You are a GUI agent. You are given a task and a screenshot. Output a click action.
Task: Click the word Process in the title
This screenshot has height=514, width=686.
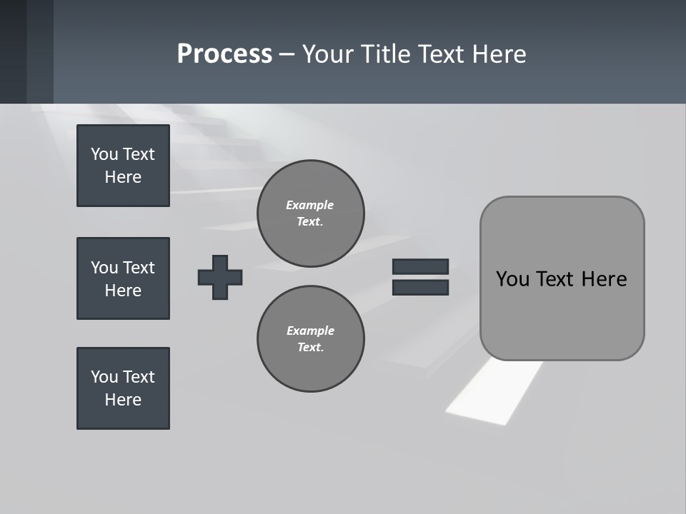coord(224,54)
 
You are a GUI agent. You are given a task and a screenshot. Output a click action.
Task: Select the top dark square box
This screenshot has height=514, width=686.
coord(123,166)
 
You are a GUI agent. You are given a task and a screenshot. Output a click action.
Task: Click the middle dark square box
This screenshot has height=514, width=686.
coord(123,278)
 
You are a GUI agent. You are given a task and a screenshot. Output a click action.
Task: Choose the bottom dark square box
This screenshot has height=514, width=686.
coord(123,388)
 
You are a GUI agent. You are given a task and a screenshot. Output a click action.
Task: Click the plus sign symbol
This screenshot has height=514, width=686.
coord(220,277)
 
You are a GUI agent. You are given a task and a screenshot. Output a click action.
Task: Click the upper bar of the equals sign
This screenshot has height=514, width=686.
coord(420,266)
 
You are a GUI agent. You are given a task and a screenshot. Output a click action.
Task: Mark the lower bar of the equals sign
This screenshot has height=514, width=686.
coord(420,287)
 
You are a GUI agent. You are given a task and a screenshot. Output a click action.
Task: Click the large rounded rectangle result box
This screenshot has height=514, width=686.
coord(562,314)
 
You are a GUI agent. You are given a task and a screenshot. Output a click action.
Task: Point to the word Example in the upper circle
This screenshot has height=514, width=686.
coord(309,205)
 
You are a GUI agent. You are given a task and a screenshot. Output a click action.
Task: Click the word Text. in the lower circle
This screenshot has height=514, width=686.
coord(310,347)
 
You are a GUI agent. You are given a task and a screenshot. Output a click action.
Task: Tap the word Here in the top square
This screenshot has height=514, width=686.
coord(123,177)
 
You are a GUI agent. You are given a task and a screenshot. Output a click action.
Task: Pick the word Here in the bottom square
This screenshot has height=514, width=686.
coord(123,400)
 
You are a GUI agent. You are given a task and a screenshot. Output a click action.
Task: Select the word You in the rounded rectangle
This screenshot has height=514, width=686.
coord(512,279)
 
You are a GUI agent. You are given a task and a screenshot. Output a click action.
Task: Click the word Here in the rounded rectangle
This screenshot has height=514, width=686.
coord(604,279)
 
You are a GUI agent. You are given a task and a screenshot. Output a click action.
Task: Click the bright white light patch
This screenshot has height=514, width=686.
coord(493,393)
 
